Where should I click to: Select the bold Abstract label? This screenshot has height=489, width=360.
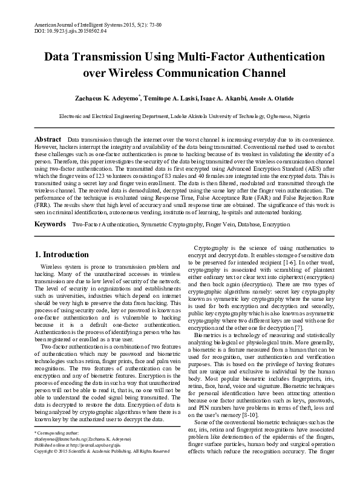(x=48, y=139)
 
